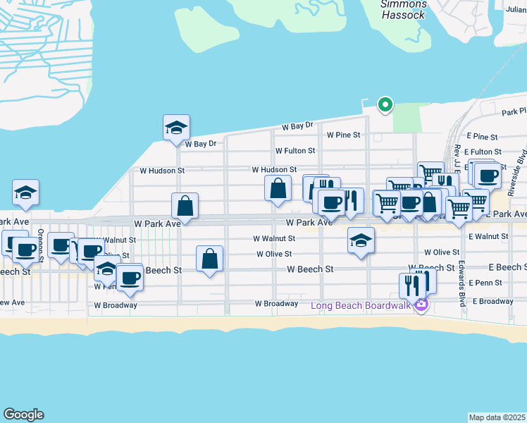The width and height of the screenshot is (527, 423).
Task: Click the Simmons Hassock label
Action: tap(403, 9)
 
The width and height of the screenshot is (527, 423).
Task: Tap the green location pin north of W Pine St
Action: tap(385, 105)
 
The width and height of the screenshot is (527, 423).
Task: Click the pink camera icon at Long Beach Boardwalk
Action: tap(421, 305)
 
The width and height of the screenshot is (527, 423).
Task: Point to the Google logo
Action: tap(23, 415)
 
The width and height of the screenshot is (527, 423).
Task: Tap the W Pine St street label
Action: tap(343, 135)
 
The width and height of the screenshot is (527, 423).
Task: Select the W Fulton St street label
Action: tap(295, 151)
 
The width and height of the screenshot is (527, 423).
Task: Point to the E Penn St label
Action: tap(487, 283)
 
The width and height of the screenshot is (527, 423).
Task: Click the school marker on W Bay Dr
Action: tap(176, 128)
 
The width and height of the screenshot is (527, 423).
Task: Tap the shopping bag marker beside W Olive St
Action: tap(209, 259)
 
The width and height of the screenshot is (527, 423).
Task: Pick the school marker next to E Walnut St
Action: tap(361, 241)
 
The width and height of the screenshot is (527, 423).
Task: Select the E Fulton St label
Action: tap(483, 152)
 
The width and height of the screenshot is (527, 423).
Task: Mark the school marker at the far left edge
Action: tap(25, 192)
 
